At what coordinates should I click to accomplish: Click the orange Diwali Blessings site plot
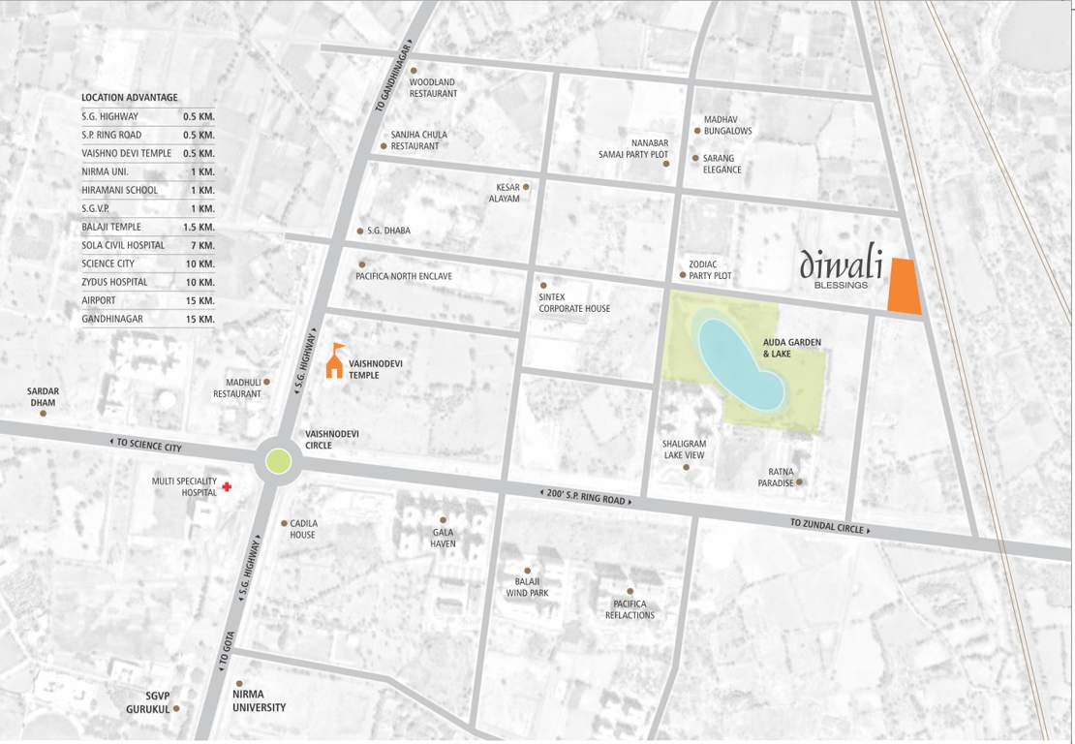click(x=905, y=287)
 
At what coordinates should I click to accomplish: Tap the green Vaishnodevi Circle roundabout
click(x=278, y=462)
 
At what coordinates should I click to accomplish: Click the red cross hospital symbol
click(x=227, y=486)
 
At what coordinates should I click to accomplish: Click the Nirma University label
click(x=259, y=701)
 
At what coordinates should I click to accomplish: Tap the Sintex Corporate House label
click(x=574, y=302)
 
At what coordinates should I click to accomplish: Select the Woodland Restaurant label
click(x=432, y=88)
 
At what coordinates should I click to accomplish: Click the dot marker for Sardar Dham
click(x=44, y=414)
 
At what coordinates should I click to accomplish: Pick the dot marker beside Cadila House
click(x=284, y=523)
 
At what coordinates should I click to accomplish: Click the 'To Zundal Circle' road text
click(x=829, y=526)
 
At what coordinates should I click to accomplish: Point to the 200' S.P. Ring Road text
click(x=585, y=497)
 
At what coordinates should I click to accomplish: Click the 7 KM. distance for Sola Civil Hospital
click(x=201, y=245)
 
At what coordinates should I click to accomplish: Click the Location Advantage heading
click(x=129, y=98)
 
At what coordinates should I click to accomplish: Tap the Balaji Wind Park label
click(x=527, y=587)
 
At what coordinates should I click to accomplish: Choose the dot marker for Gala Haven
click(x=444, y=520)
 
